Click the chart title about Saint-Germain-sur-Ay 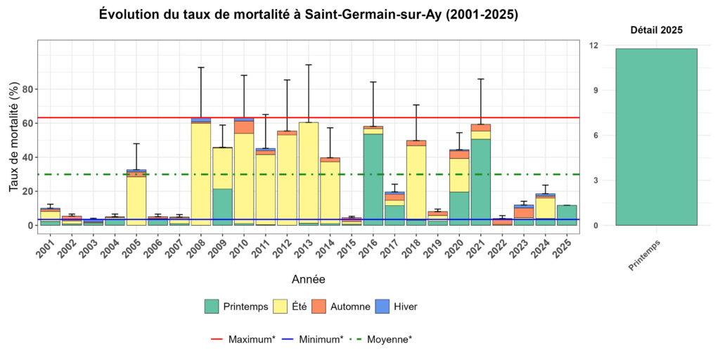click(309, 15)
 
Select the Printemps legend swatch click(212, 307)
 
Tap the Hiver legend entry click(398, 307)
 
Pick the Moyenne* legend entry click(380, 339)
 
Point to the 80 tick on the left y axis click(28, 89)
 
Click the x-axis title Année click(308, 279)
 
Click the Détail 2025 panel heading click(656, 30)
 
